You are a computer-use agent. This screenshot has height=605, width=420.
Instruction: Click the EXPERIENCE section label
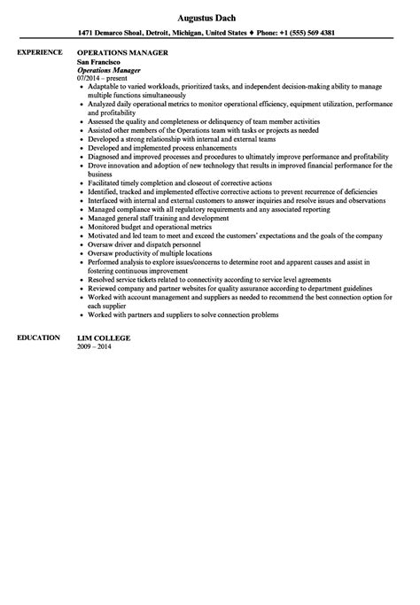42,53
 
